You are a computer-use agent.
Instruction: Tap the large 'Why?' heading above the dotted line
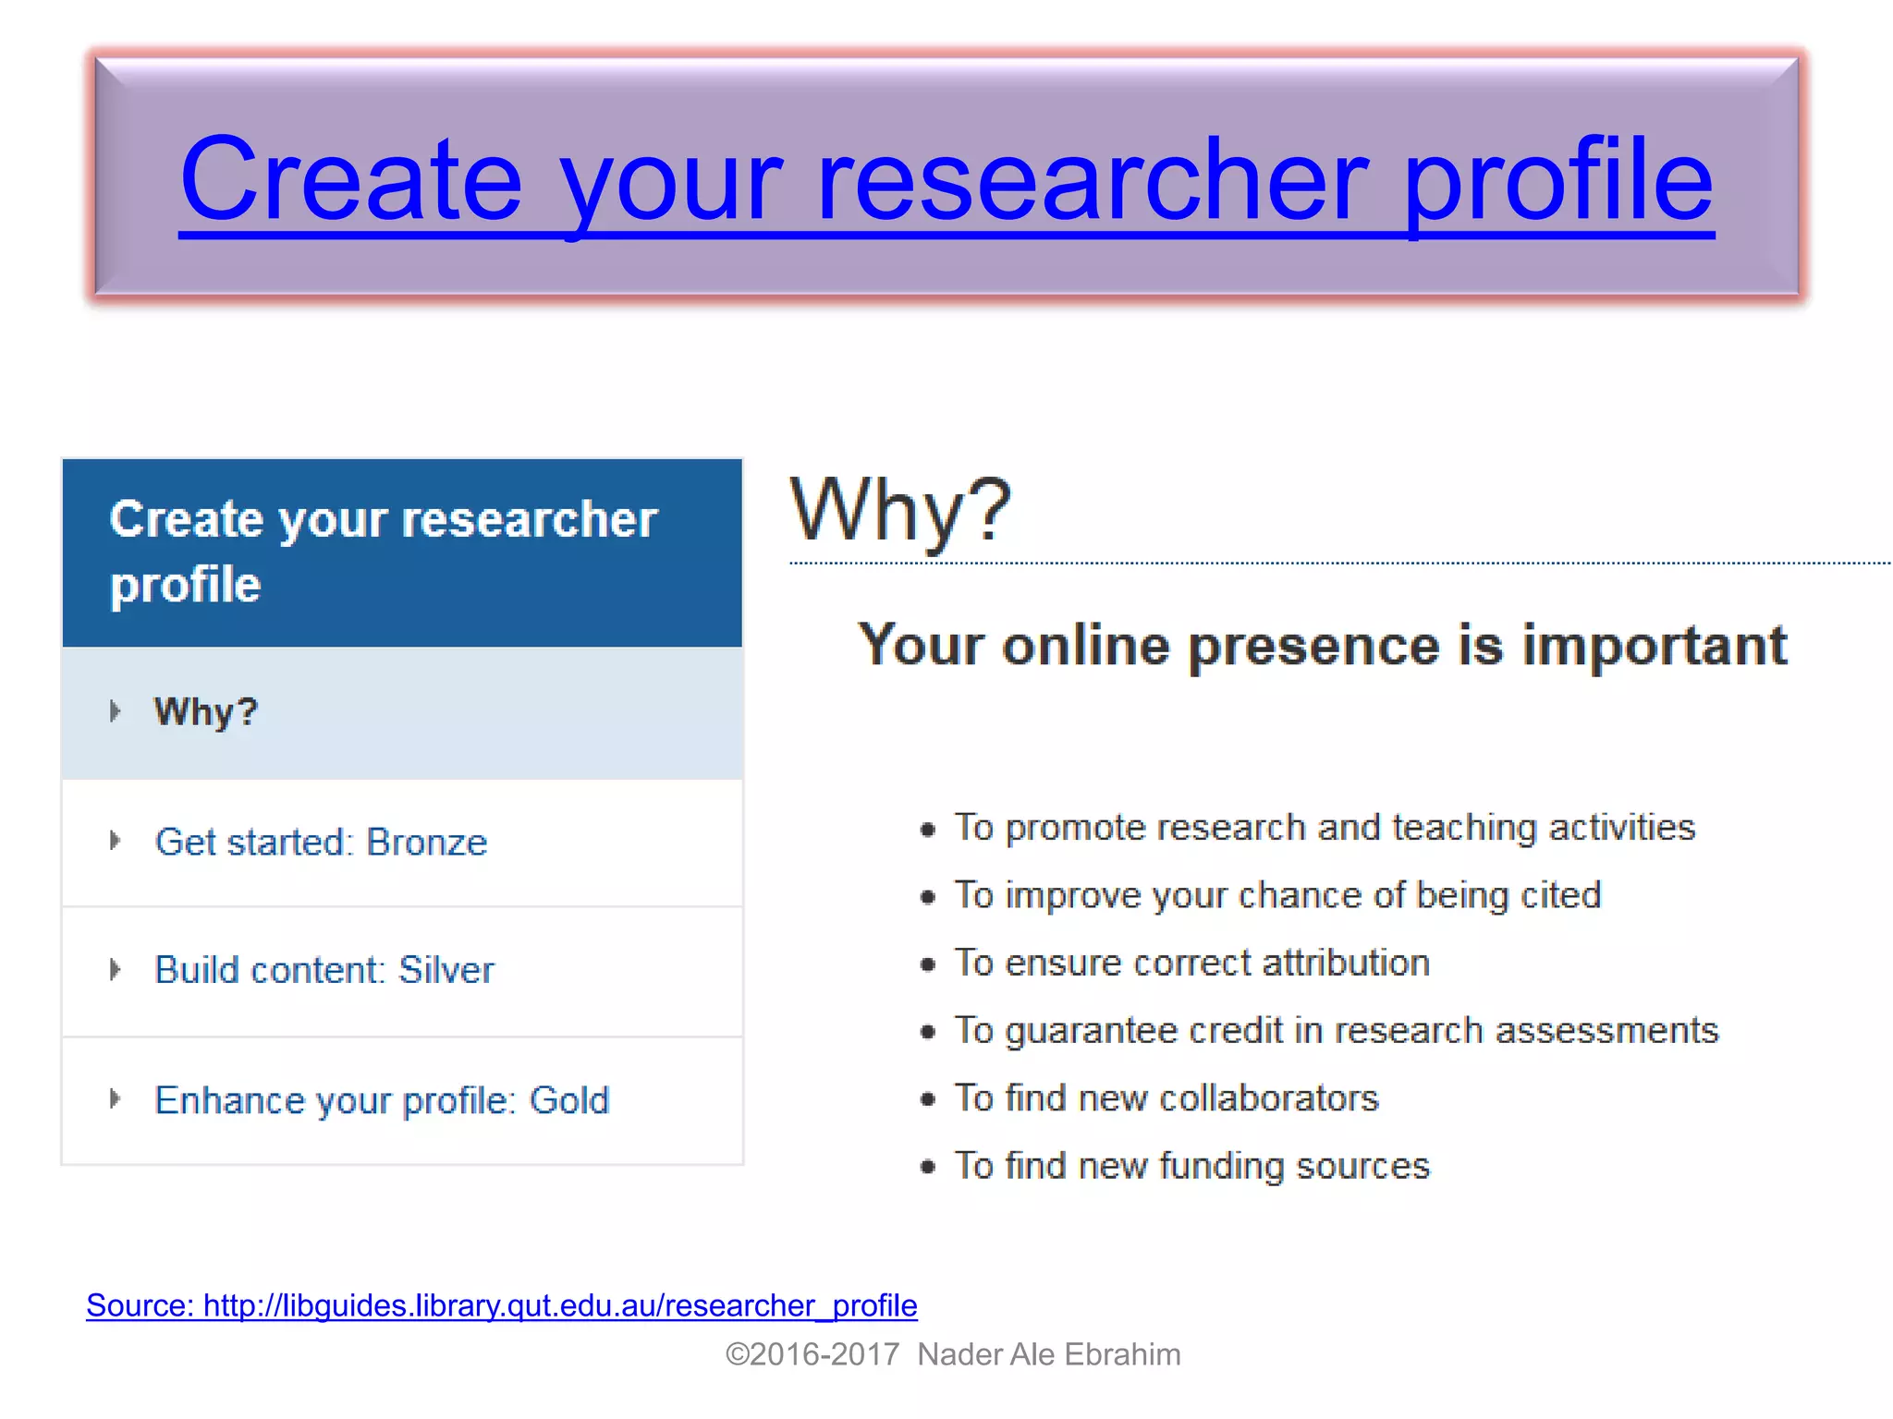coord(900,510)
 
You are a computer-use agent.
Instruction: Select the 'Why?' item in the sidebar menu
coord(205,712)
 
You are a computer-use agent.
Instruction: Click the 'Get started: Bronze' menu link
coord(320,843)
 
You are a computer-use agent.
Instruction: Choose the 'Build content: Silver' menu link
coord(324,971)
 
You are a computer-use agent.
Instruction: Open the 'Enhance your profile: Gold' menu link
coord(381,1101)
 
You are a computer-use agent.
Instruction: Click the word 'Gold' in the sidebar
coord(568,1100)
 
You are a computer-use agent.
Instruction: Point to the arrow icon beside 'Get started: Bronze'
coord(115,841)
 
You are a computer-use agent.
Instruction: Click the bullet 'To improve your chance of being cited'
coord(1277,895)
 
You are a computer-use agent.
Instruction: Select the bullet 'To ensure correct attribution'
coord(1191,964)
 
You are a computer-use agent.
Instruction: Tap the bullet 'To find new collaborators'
coord(1166,1098)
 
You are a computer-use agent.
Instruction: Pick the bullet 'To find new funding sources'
coord(1191,1166)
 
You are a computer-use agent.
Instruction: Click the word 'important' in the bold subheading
coord(1654,645)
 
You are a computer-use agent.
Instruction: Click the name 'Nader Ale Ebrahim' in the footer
coord(1048,1354)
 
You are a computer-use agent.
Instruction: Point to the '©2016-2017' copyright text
coord(812,1354)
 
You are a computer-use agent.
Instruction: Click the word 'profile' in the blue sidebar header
coord(185,586)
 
